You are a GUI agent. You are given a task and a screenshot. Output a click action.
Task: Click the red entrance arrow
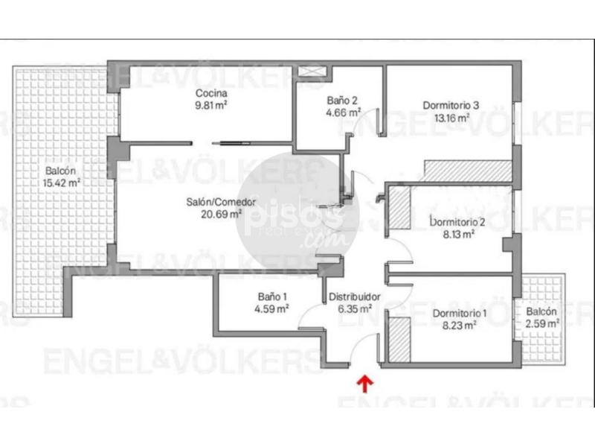(365, 384)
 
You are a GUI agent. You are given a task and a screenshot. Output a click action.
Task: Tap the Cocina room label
(211, 93)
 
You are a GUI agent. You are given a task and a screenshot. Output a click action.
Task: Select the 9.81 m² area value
(211, 105)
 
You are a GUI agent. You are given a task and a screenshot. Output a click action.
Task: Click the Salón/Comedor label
(221, 202)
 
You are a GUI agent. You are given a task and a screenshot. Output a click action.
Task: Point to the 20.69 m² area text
(221, 214)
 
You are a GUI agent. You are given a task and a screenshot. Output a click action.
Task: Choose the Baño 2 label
(342, 101)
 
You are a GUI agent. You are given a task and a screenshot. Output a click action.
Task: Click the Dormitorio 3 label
(451, 105)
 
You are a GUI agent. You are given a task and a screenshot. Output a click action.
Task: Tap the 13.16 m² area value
(451, 118)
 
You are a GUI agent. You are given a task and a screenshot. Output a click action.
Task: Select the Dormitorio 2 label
(457, 222)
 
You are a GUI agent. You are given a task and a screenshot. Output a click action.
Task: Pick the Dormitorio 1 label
(460, 313)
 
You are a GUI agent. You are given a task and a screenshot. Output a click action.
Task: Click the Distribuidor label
(355, 297)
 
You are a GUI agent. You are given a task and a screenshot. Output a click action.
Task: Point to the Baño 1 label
(272, 297)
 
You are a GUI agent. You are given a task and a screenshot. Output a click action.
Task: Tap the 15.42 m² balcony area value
(61, 183)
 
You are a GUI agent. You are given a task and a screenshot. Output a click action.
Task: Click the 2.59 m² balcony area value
(542, 324)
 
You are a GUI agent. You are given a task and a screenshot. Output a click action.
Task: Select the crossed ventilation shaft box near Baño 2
(312, 71)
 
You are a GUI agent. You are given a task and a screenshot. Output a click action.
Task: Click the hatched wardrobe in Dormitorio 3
(468, 171)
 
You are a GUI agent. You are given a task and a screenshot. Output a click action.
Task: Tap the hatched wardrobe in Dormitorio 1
(399, 340)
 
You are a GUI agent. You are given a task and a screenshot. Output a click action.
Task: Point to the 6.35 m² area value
(355, 308)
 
